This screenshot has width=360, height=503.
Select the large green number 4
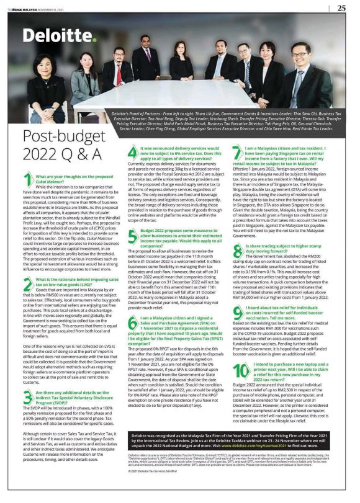pos(132,154)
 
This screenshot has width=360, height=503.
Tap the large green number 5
pos(132,235)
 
